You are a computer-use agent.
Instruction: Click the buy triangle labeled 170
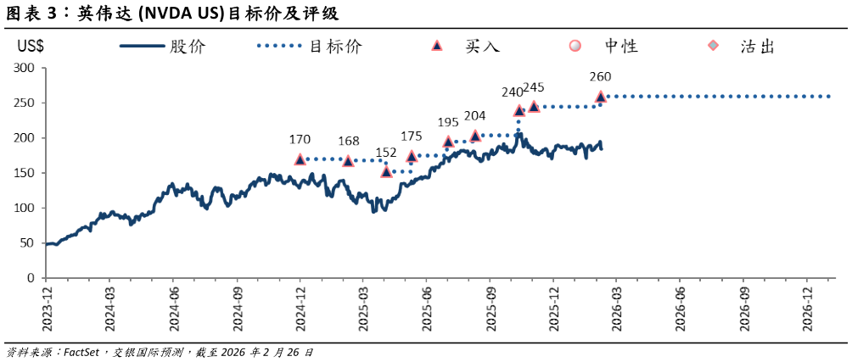coord(300,159)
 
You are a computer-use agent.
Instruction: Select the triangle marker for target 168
coord(348,161)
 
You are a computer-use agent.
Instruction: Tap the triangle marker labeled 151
coord(386,171)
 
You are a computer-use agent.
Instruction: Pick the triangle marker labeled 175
coord(412,157)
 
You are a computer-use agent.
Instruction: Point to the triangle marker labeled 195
coord(448,142)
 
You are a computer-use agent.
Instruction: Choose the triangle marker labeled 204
coord(475,136)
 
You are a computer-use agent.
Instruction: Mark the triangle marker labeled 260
coord(601,97)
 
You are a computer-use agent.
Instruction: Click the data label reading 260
coord(600,76)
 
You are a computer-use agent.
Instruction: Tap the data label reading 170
coord(300,138)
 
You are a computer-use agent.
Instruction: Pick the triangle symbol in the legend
coord(437,46)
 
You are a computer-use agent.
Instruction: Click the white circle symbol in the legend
coord(575,46)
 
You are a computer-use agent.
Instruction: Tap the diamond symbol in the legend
coord(713,46)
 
